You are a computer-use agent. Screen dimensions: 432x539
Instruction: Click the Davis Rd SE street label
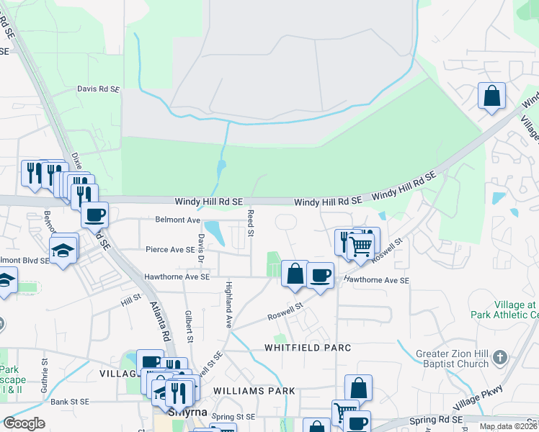click(98, 89)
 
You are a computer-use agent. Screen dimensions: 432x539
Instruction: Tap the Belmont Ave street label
click(177, 220)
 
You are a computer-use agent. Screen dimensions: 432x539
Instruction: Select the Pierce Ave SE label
click(170, 250)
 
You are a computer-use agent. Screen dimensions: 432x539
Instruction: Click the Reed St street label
click(251, 223)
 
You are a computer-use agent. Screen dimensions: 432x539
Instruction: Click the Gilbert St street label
click(189, 326)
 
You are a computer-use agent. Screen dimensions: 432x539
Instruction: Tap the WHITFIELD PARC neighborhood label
click(307, 348)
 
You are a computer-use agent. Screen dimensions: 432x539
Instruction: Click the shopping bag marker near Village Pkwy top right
click(491, 96)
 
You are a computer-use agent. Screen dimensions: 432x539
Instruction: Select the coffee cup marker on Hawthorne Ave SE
click(320, 274)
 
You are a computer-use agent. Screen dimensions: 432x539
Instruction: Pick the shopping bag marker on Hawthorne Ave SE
click(295, 274)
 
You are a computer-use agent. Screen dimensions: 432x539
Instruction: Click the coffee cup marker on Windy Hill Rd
click(94, 214)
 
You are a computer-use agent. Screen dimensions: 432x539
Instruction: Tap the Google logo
click(24, 423)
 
